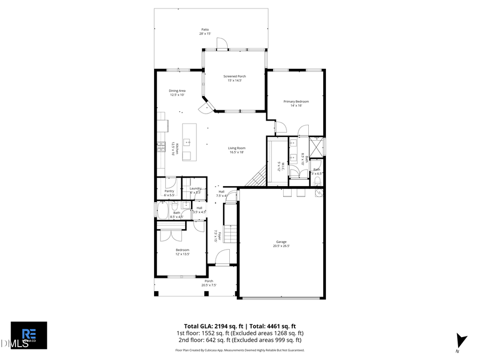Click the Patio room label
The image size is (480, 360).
tap(205, 29)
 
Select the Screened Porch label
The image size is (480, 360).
tap(235, 76)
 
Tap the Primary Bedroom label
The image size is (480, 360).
tap(296, 101)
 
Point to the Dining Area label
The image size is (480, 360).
tap(177, 91)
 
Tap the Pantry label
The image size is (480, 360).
tap(170, 191)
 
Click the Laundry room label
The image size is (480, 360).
tap(195, 188)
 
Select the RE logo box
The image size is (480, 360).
tap(29, 335)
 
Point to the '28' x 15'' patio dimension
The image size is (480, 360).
tap(205, 34)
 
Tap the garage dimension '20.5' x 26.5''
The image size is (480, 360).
tap(281, 245)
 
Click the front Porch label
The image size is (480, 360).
tap(209, 281)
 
